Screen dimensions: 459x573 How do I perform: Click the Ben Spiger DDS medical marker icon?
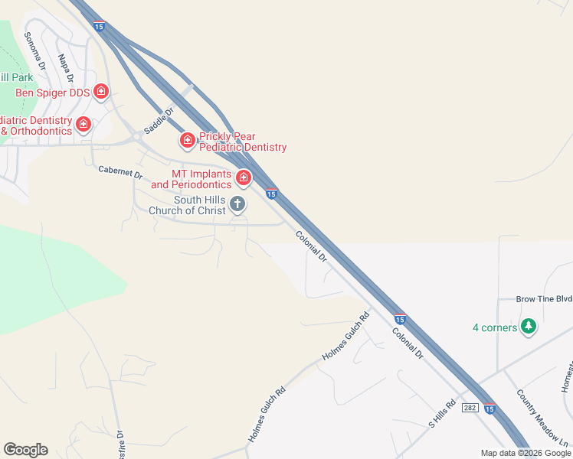(x=101, y=92)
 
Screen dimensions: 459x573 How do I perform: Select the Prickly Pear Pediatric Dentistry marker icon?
(x=187, y=140)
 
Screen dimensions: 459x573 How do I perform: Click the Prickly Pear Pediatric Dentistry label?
(x=243, y=142)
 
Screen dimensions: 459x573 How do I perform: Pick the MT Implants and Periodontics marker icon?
(x=244, y=178)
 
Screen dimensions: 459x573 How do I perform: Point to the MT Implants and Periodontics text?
(x=191, y=180)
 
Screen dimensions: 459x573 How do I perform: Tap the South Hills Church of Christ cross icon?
(x=237, y=203)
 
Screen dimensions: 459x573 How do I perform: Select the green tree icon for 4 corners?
(x=528, y=327)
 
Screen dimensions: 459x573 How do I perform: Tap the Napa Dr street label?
(x=65, y=67)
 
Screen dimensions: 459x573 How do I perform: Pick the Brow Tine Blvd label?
(x=534, y=299)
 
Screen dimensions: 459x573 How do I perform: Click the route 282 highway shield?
(x=470, y=408)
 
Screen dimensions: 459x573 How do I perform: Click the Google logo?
(x=25, y=450)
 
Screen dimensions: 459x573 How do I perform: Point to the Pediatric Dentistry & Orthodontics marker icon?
(x=83, y=124)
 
